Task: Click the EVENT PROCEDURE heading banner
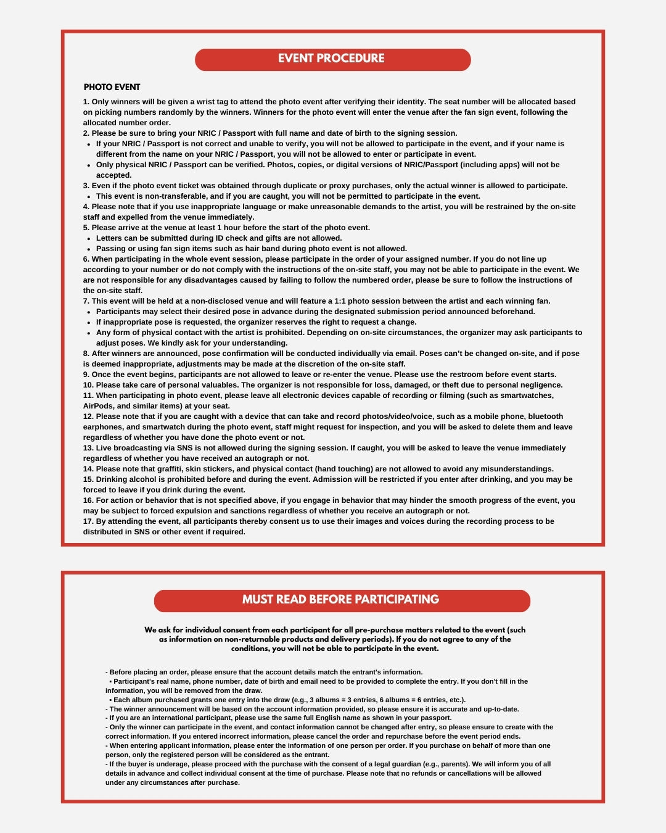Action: click(332, 59)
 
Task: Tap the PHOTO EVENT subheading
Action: click(112, 87)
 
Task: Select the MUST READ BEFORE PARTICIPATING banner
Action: click(341, 600)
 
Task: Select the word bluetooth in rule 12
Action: click(541, 416)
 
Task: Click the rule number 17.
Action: click(88, 521)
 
